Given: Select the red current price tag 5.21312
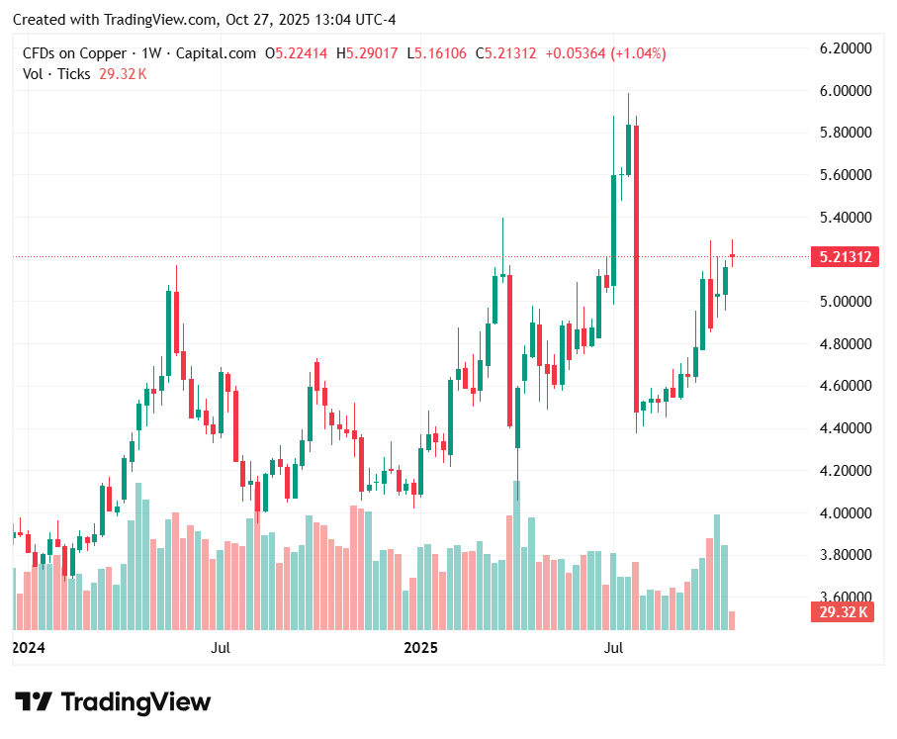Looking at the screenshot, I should point(845,257).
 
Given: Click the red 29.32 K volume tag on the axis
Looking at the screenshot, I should point(844,612).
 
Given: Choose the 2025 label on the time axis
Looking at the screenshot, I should point(421,648).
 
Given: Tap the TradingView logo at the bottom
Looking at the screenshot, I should point(113,702).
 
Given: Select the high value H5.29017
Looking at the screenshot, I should point(370,52).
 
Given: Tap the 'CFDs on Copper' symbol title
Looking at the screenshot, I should point(74,52).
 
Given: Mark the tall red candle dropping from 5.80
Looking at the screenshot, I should point(636,267).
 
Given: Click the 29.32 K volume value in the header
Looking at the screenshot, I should point(123,73).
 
